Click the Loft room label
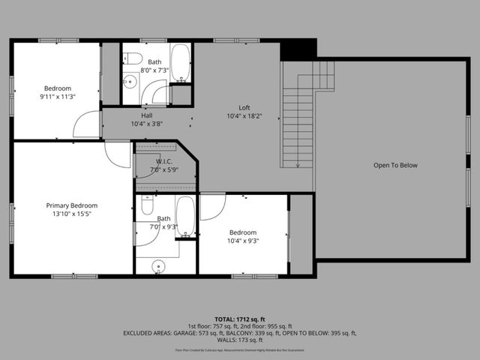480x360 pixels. tap(244, 107)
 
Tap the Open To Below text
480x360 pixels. tap(395, 165)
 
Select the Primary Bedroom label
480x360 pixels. tap(72, 205)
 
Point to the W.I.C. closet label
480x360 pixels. tap(165, 161)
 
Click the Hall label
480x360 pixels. tap(147, 115)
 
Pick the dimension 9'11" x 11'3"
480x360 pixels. tap(56, 97)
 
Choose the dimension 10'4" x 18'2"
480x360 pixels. tap(244, 116)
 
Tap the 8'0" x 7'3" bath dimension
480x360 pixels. tap(154, 70)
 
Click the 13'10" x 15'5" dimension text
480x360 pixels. tap(72, 214)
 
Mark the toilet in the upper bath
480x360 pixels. tap(133, 58)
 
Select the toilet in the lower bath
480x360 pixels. tap(148, 205)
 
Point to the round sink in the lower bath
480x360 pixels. tap(158, 266)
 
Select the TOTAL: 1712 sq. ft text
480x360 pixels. tap(240, 318)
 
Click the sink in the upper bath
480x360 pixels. tap(129, 82)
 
